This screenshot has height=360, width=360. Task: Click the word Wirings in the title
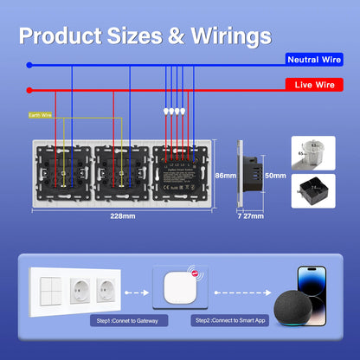click(223, 36)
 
